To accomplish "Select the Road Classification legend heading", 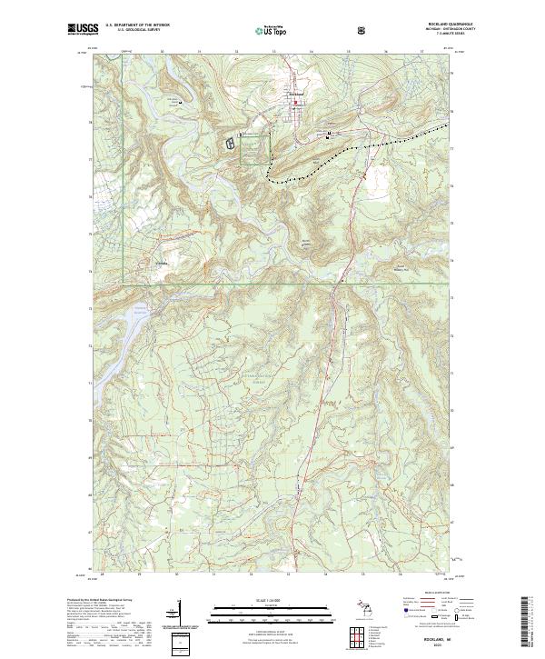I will pyautogui.click(x=427, y=592).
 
